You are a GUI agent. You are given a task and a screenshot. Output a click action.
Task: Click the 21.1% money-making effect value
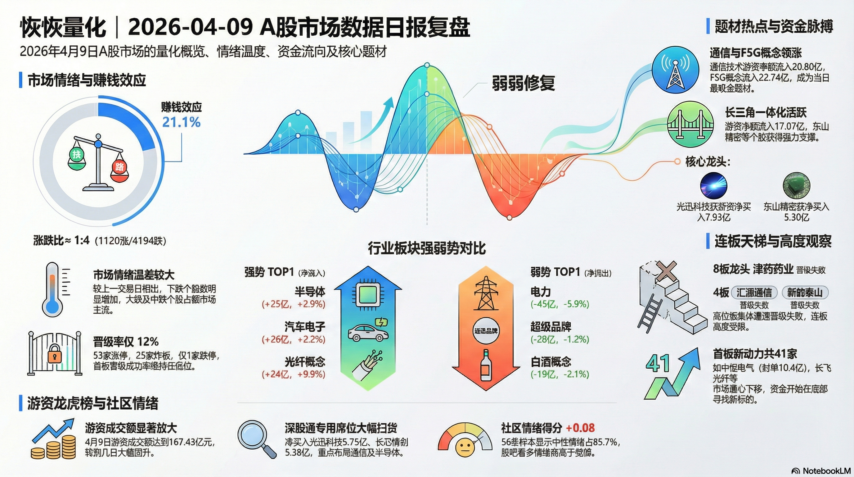point(181,122)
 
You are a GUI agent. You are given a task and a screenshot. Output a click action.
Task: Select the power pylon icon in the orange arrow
point(486,293)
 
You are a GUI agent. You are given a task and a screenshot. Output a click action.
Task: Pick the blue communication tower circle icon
point(675,70)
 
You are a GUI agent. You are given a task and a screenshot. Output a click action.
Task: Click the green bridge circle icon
point(690,125)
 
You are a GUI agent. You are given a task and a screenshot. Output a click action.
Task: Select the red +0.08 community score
point(580,428)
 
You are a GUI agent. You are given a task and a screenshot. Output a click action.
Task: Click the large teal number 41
point(658,364)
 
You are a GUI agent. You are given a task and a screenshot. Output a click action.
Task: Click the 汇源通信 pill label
point(754,293)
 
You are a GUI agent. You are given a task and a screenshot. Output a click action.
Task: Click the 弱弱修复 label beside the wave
point(523,83)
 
